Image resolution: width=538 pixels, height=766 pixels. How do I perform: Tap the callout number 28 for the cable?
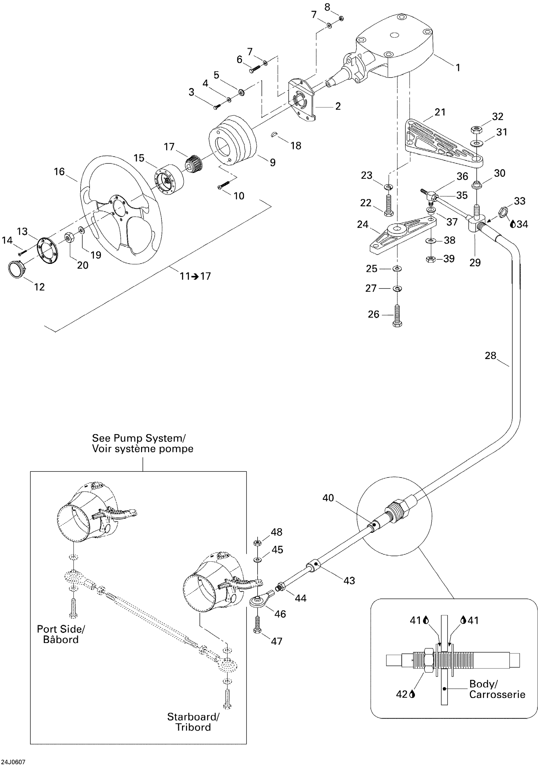click(490, 356)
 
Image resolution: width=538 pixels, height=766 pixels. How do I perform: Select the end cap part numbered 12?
click(17, 269)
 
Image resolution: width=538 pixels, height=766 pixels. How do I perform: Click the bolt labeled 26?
click(397, 315)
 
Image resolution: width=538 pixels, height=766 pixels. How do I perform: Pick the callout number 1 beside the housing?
click(458, 68)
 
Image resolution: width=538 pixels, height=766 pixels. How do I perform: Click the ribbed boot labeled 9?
click(234, 140)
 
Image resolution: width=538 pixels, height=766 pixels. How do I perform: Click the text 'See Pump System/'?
click(139, 438)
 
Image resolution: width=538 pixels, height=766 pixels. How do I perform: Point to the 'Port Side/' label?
click(61, 629)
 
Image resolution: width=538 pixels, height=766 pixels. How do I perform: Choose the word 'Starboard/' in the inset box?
click(193, 717)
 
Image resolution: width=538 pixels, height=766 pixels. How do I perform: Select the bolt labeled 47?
click(257, 625)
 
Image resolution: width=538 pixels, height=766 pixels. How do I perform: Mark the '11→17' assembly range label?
click(195, 276)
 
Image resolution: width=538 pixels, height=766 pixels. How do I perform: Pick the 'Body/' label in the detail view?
click(483, 684)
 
